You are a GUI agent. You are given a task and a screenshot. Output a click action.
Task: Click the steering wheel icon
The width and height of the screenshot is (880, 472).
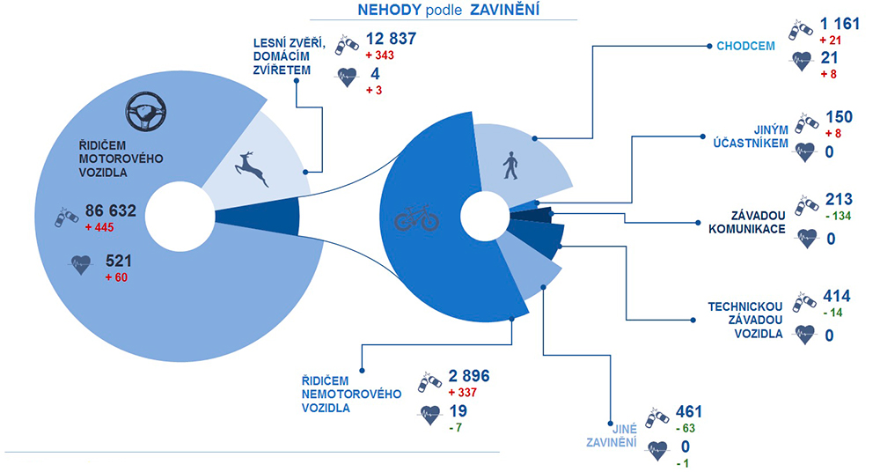coord(146,112)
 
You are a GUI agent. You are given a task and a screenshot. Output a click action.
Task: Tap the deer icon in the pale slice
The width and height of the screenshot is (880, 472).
coord(251,168)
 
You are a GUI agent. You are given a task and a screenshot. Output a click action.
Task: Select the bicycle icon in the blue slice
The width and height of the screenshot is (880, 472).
coord(416,218)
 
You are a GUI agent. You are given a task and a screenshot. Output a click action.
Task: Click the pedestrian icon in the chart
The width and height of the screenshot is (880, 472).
coord(510,166)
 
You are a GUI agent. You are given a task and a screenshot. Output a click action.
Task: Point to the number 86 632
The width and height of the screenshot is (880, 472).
coord(111,210)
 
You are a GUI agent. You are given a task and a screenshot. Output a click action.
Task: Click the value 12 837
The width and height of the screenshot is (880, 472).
coord(392,39)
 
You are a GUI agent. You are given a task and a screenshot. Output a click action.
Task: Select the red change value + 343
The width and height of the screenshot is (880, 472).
coord(379,55)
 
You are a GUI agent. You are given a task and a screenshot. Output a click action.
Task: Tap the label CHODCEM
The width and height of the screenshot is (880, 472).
coord(745,46)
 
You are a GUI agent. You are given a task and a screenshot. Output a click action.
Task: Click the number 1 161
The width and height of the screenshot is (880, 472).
coord(840,24)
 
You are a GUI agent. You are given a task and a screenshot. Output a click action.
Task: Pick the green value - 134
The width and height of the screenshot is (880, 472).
coord(839,216)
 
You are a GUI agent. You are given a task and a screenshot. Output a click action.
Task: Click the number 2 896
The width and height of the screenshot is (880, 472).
coord(469,376)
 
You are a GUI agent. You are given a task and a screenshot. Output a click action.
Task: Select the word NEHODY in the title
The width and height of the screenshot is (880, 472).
coord(389,10)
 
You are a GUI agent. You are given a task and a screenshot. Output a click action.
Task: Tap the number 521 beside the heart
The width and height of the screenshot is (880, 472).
coord(119,262)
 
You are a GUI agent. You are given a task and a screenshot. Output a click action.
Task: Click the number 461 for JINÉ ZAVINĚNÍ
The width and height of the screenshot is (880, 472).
coord(689,412)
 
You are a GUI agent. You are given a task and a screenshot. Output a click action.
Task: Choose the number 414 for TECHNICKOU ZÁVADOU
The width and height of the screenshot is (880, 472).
coord(837,296)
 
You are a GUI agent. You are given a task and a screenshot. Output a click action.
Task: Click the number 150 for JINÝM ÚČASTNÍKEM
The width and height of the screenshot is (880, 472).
coord(839,117)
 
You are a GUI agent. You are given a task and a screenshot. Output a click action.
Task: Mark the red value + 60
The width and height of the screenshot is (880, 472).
coord(117,277)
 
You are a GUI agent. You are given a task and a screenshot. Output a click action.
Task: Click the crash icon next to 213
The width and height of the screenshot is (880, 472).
coord(806,206)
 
